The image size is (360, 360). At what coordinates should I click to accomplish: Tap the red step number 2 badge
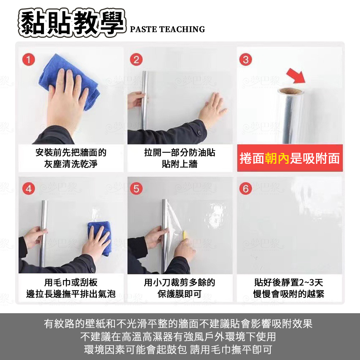136,60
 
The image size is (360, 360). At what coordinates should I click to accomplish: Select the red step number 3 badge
246,60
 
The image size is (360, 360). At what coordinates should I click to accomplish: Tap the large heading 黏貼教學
72,23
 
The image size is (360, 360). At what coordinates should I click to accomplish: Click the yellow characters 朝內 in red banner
277,158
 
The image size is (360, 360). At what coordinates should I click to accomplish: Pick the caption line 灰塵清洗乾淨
71,164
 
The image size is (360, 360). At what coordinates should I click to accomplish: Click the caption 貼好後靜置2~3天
289,283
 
